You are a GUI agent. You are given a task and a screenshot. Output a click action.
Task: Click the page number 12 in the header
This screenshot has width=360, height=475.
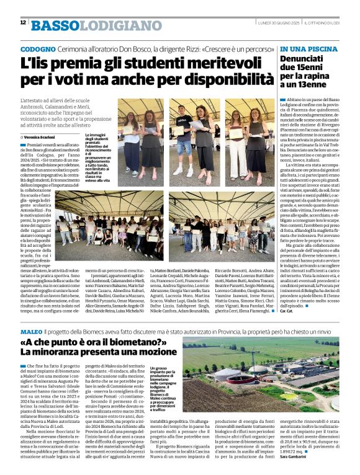(23, 23)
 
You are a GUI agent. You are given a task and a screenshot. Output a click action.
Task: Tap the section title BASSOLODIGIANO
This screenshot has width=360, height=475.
(86, 25)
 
